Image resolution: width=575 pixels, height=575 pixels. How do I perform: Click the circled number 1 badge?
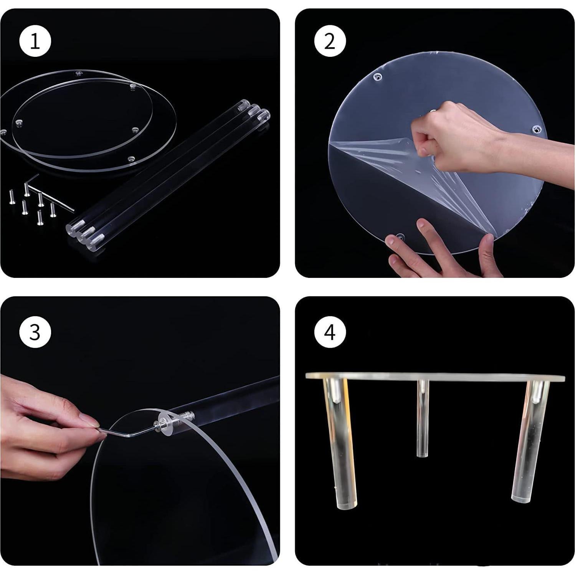(x=35, y=41)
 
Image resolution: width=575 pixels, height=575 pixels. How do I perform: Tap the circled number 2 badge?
(x=330, y=41)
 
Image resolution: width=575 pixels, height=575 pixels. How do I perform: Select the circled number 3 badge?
(x=35, y=332)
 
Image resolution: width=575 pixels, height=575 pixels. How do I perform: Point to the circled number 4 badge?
(x=330, y=332)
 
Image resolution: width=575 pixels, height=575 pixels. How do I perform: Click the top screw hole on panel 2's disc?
(x=378, y=78)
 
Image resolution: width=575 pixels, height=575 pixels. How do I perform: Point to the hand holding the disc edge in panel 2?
(x=441, y=249)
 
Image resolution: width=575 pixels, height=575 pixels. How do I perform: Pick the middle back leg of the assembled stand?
(x=422, y=418)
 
